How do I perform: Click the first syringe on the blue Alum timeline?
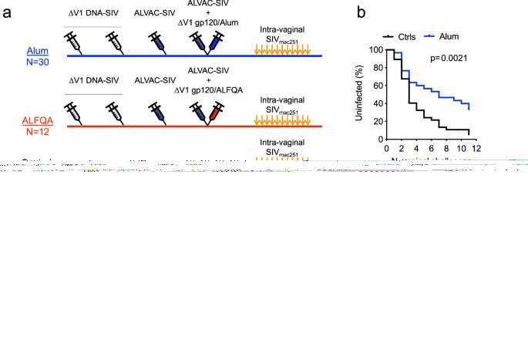76,44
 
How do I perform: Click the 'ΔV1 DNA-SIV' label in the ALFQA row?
95,79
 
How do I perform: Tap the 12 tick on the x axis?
476,147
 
